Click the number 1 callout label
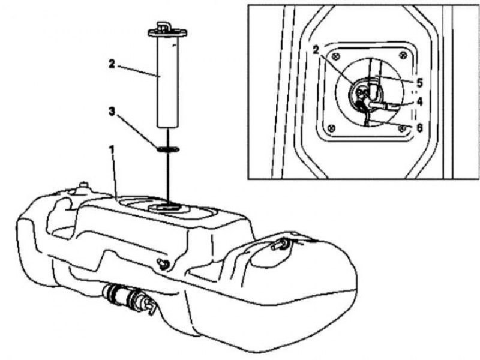coord(112,150)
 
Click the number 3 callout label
coord(112,112)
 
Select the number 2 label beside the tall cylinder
coord(112,64)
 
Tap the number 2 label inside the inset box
coord(316,49)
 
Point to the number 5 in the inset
coord(419,83)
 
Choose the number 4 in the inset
coord(419,101)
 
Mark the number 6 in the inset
coord(419,127)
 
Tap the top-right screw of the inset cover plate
coord(403,55)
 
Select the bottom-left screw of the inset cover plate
coord(331,128)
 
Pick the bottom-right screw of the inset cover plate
coord(402,128)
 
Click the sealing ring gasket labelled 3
coord(168,149)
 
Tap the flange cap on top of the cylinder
coord(167,32)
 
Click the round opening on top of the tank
coord(167,208)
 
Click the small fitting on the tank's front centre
coord(163,264)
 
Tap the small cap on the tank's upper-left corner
coord(83,187)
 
